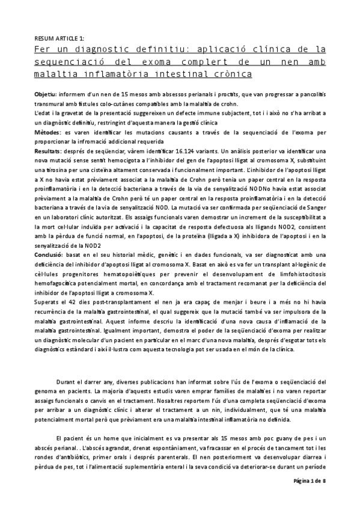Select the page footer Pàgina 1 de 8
pyautogui.click(x=309, y=499)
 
